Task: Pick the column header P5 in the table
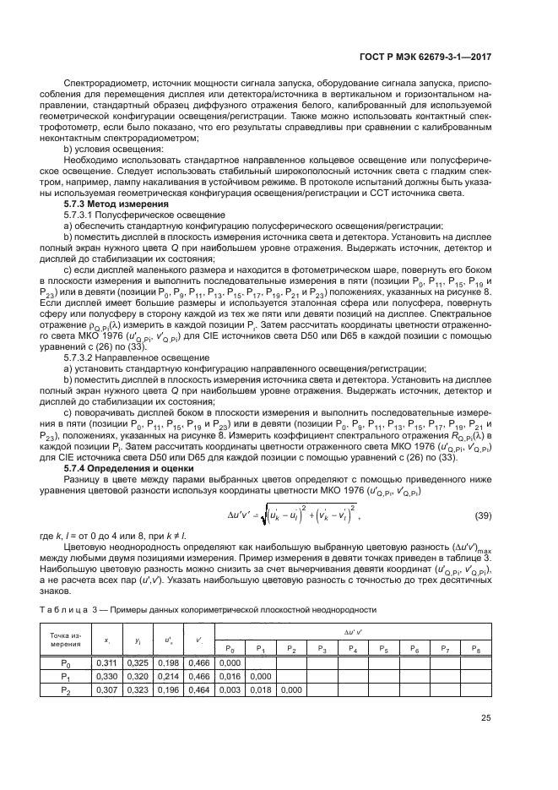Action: (x=382, y=648)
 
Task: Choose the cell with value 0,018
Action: (x=261, y=690)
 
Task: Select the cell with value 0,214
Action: (x=168, y=677)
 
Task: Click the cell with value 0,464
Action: (x=199, y=690)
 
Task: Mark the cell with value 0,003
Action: (x=230, y=690)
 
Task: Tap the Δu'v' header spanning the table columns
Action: (x=352, y=632)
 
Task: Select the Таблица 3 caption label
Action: (x=67, y=610)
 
